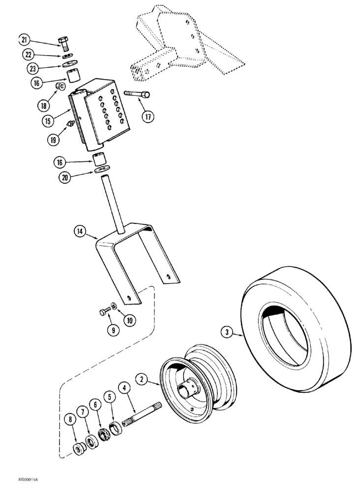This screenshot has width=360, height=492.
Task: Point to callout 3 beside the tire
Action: click(227, 333)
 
